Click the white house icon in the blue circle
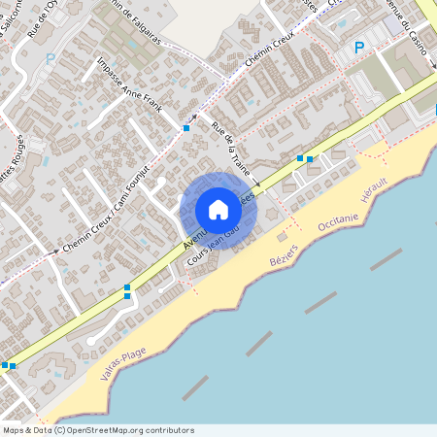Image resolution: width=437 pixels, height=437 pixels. pyautogui.click(x=218, y=210)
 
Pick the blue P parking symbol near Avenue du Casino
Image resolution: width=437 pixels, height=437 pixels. pyautogui.click(x=358, y=47)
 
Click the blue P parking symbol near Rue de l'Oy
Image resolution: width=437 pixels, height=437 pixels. pyautogui.click(x=50, y=58)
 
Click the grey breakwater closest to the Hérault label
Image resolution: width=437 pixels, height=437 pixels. pyautogui.click(x=386, y=259)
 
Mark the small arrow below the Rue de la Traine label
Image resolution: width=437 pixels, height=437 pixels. pyautogui.click(x=256, y=183)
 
